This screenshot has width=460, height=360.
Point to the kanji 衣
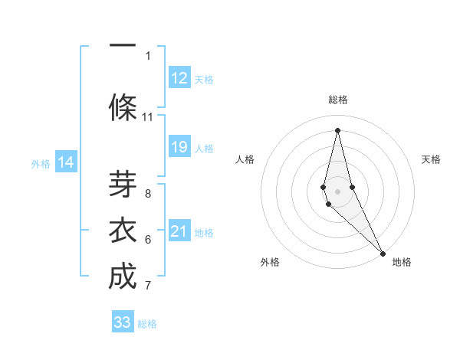click(x=123, y=231)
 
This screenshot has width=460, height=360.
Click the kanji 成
click(x=123, y=277)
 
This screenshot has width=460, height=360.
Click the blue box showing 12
click(x=179, y=77)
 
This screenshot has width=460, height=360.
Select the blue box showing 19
click(x=179, y=146)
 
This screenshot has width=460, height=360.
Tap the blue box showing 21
click(x=179, y=231)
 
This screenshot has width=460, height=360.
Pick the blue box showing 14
click(x=66, y=162)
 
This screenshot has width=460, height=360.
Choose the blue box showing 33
click(x=123, y=322)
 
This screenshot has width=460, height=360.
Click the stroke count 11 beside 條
click(x=148, y=117)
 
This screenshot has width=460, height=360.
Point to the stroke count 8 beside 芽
click(x=148, y=193)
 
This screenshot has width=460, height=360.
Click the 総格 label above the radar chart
click(x=337, y=100)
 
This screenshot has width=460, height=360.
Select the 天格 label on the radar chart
click(x=431, y=159)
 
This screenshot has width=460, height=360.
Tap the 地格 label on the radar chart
click(x=402, y=262)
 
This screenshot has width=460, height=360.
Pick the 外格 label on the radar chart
click(x=270, y=262)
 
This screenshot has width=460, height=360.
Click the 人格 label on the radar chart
click(x=245, y=159)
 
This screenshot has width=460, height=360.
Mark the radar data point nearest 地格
click(x=383, y=253)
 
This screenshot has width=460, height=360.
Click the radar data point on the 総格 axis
click(x=337, y=129)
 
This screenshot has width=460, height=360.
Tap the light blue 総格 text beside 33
click(x=147, y=324)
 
